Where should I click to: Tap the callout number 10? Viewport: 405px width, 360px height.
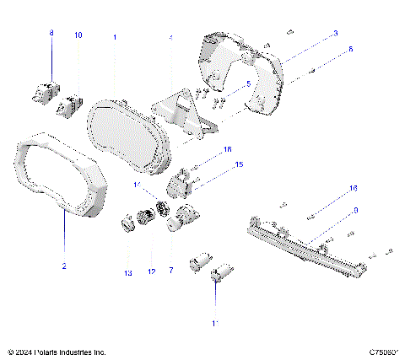click(x=78, y=35)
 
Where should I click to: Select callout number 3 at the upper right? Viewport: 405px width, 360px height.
click(x=335, y=33)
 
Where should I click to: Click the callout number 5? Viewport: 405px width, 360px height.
click(x=247, y=83)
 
